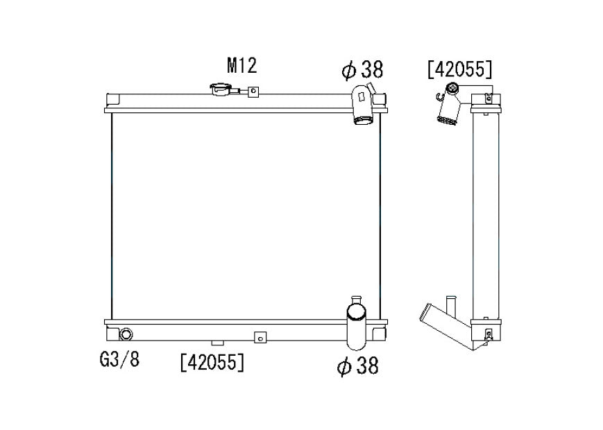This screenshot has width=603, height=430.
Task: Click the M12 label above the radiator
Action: tap(241, 65)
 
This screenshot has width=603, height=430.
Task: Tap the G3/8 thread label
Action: tap(119, 359)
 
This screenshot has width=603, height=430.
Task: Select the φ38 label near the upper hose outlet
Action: tap(362, 69)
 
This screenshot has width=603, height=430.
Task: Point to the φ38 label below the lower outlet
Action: tap(357, 365)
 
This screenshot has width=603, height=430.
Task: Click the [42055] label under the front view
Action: tap(212, 362)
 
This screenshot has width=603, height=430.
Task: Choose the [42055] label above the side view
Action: tap(459, 69)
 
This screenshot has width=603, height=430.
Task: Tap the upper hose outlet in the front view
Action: tap(362, 105)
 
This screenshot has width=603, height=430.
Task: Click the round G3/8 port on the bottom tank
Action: tap(126, 334)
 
